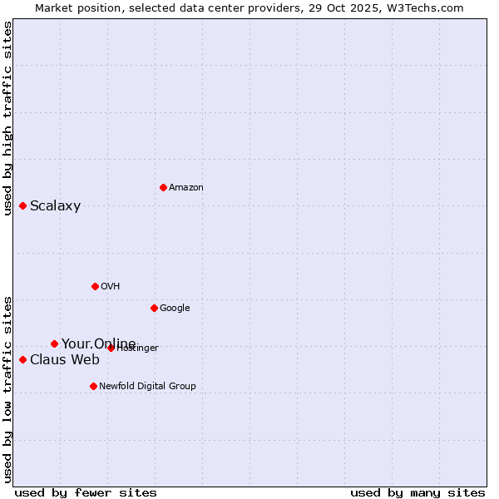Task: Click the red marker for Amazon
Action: (x=163, y=187)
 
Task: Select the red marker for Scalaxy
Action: (x=22, y=205)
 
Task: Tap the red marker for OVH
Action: (x=95, y=286)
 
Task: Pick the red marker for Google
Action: (x=154, y=308)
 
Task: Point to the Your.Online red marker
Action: (x=54, y=343)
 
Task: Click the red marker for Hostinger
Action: (x=111, y=348)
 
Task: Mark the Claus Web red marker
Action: (x=22, y=359)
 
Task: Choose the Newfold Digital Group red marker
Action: (x=93, y=386)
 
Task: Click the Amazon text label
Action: (x=185, y=188)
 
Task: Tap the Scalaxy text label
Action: (x=55, y=206)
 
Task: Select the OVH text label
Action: (x=110, y=287)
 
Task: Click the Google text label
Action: (x=175, y=309)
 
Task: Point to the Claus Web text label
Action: (x=64, y=360)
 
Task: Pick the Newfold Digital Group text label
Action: (x=147, y=387)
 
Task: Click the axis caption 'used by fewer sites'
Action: (x=86, y=492)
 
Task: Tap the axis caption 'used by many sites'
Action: (x=417, y=492)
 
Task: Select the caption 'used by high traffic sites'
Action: (x=7, y=118)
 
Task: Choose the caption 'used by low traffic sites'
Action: (x=7, y=388)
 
